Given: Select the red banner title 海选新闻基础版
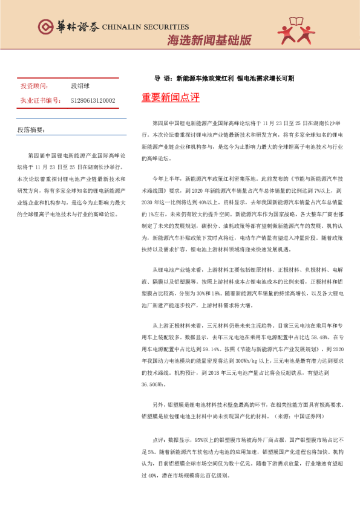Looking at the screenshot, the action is (209, 41).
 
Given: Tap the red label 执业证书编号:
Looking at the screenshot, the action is (39, 100).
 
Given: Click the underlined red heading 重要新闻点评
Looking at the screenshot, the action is (170, 97).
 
